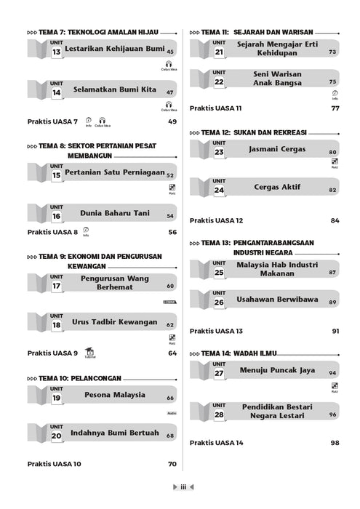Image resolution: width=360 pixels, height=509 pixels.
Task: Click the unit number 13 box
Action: (x=56, y=52)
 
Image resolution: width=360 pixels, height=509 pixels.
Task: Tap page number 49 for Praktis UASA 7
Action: (x=172, y=121)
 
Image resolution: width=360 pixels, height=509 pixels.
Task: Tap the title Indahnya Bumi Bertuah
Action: (x=114, y=433)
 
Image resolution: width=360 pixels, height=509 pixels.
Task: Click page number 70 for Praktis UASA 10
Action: (x=172, y=464)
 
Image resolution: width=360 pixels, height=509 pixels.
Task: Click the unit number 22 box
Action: (x=219, y=82)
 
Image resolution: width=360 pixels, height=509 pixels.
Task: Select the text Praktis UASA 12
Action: (x=217, y=220)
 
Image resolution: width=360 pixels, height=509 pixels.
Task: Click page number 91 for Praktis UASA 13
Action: (x=335, y=331)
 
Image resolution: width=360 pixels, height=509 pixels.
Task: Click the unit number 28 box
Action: (x=219, y=415)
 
